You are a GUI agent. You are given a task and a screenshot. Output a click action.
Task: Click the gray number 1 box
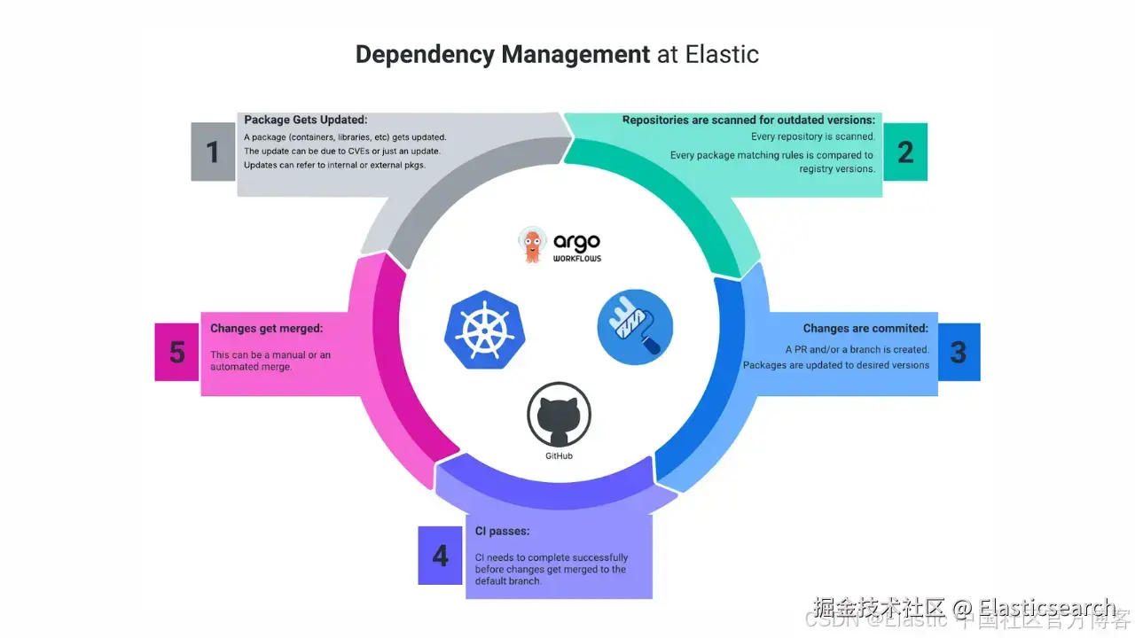tap(213, 152)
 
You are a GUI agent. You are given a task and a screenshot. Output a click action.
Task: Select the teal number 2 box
tap(905, 152)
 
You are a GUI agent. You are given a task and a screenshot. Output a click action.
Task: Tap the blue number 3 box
tap(959, 352)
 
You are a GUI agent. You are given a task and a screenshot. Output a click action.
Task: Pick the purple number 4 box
tap(441, 556)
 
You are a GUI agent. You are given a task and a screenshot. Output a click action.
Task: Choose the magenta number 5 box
tap(177, 352)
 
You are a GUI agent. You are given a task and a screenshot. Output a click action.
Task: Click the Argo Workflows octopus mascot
tap(532, 245)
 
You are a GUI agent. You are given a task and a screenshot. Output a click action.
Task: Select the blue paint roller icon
tap(635, 327)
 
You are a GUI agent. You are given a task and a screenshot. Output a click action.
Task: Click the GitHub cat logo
tap(559, 416)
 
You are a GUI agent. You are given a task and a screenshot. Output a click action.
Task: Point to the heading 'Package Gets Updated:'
tap(305, 120)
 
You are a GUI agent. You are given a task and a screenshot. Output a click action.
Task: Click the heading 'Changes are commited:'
tap(865, 329)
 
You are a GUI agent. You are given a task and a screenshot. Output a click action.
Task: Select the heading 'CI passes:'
tap(502, 532)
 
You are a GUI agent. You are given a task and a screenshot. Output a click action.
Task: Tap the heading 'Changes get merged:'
tap(266, 329)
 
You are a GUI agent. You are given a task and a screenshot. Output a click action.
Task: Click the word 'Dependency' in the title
tap(426, 54)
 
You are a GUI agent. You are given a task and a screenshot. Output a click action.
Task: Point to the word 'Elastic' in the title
tap(722, 54)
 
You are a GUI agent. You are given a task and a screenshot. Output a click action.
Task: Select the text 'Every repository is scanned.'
tap(813, 136)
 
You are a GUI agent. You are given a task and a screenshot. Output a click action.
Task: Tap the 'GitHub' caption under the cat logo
tap(559, 456)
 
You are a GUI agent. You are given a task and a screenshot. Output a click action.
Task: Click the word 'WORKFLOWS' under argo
tap(577, 259)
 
